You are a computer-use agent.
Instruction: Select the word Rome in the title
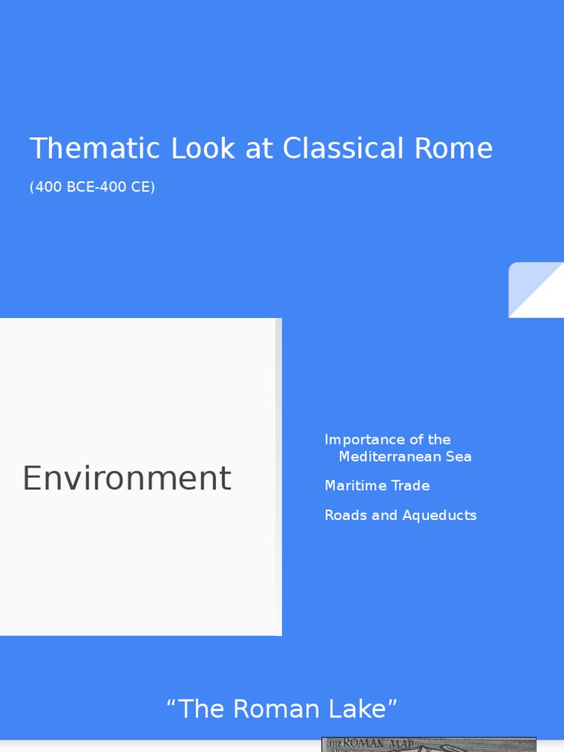pyautogui.click(x=453, y=148)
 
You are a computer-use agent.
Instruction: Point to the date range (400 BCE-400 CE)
pyautogui.click(x=93, y=187)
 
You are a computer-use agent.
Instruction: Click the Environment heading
pyautogui.click(x=126, y=478)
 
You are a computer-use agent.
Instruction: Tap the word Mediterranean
pyautogui.click(x=389, y=457)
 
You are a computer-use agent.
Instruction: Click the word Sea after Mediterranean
pyautogui.click(x=458, y=457)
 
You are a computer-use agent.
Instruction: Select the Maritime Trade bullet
pyautogui.click(x=377, y=486)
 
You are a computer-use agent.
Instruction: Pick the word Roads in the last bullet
pyautogui.click(x=346, y=516)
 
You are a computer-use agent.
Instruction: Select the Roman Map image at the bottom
pyautogui.click(x=429, y=744)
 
